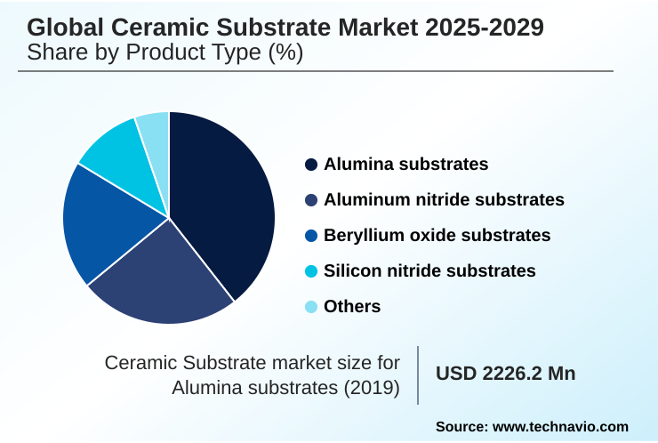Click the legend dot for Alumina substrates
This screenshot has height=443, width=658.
tap(310, 165)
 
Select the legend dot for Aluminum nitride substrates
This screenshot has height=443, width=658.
tap(310, 200)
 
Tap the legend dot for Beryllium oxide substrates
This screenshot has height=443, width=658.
tap(310, 236)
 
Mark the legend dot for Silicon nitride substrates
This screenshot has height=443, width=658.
tap(310, 271)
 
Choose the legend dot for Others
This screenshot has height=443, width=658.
tap(310, 307)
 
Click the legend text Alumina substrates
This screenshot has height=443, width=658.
tap(405, 165)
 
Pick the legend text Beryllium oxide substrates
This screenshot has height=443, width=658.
tap(437, 236)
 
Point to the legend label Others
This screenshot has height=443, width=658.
tap(352, 307)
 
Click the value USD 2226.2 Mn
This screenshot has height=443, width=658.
tap(505, 374)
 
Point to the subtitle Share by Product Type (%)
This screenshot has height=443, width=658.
tap(165, 53)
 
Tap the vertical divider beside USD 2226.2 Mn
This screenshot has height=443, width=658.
tap(418, 375)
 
